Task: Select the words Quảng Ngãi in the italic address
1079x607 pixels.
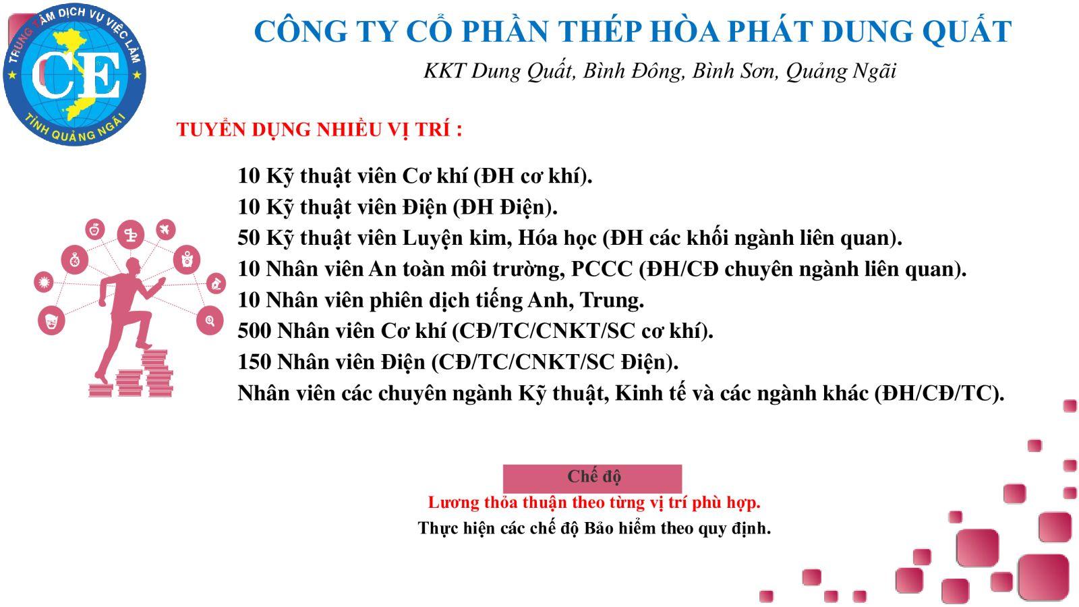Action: [841, 71]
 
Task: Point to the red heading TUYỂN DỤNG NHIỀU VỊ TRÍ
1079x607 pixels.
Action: [319, 129]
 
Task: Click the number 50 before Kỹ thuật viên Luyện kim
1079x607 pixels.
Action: [249, 238]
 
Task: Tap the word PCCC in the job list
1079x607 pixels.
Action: [602, 269]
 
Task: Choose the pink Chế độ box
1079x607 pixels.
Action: [593, 478]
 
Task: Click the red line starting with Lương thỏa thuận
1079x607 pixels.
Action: [594, 502]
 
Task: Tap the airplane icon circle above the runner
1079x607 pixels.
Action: [165, 230]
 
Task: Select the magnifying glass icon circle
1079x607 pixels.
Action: [210, 320]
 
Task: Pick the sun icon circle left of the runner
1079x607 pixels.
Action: [45, 282]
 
